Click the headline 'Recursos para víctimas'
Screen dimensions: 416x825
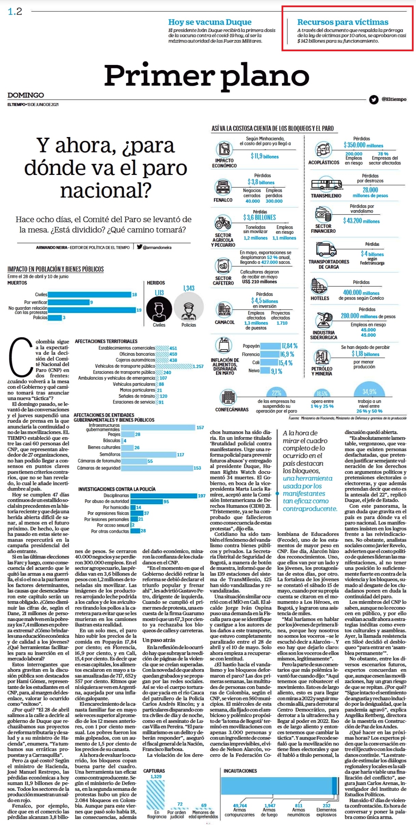342,22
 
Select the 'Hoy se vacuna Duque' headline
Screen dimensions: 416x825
210,22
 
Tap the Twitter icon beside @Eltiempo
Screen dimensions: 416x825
374,99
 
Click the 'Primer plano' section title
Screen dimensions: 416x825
207,75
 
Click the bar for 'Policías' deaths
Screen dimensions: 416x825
55,318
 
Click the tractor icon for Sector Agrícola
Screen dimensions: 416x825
223,223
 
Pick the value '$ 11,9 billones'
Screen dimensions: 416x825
264,156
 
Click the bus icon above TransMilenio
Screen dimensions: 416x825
326,185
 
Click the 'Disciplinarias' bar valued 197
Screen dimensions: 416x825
164,496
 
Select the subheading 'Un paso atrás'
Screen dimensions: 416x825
159,640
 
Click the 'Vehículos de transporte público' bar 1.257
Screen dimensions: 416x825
174,366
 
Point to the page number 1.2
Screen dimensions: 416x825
15,12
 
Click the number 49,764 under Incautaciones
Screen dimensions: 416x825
240,806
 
